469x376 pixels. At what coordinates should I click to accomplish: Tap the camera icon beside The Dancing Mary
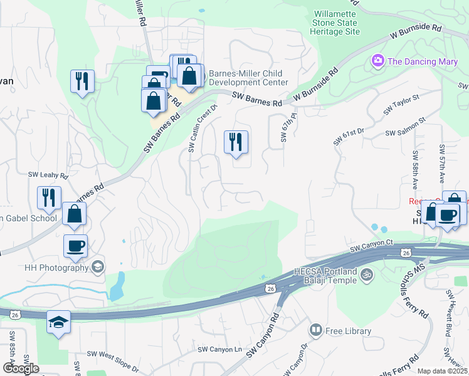pyautogui.click(x=378, y=61)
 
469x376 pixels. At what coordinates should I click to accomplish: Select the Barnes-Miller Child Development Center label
pyautogui.click(x=248, y=77)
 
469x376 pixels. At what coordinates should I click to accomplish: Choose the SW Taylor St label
pyautogui.click(x=401, y=104)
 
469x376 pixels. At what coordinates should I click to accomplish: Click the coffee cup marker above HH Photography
pyautogui.click(x=75, y=245)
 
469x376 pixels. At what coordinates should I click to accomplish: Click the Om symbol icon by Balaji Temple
pyautogui.click(x=367, y=273)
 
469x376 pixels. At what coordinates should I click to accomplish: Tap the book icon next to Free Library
pyautogui.click(x=317, y=330)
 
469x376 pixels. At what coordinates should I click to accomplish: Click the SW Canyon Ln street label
pyautogui.click(x=219, y=349)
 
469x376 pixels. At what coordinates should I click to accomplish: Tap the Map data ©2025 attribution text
pyautogui.click(x=443, y=371)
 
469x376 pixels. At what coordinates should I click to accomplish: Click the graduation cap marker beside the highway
pyautogui.click(x=59, y=322)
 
